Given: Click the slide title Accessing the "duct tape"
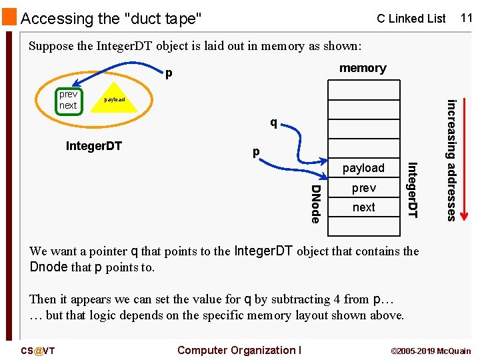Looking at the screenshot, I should pos(111,19).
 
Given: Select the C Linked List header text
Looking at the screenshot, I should pos(411,19).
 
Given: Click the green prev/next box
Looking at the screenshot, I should pos(68,100).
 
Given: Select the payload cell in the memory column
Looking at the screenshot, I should pos(363,168).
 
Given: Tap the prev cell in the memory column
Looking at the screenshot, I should pos(363,188).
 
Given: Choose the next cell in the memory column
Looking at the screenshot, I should pos(363,207).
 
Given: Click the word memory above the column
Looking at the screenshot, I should pos(363,68).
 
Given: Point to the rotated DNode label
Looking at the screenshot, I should pos(316,204).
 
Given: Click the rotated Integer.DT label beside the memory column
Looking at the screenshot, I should pos(411,190).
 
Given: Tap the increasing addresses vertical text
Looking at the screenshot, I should pos(451,160).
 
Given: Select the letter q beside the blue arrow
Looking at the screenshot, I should pos(273,123).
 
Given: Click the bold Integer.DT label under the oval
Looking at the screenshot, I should pos(94,146).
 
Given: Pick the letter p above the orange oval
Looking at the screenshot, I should pos(169,72).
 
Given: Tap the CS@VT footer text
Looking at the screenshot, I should pos(38,351).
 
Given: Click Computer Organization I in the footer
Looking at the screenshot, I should pos(239,351).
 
